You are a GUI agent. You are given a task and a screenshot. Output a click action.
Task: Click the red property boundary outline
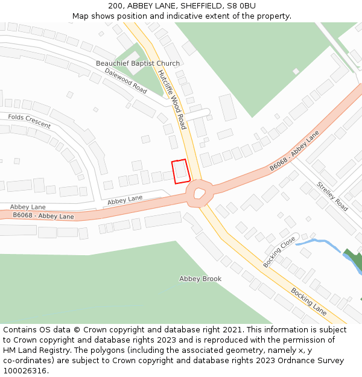tap(181, 171)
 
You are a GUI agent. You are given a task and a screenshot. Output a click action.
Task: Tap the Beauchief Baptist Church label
tap(138, 63)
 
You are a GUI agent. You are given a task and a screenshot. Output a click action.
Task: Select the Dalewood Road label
tap(125, 81)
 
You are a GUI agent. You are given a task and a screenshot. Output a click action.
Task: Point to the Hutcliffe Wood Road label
tap(172, 100)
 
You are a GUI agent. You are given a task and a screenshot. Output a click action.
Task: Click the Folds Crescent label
tap(30, 121)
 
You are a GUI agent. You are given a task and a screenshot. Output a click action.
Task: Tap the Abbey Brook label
tap(200, 279)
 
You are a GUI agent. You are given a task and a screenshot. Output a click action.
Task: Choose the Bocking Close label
tap(279, 252)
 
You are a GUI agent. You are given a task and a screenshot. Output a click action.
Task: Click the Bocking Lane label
tap(309, 300)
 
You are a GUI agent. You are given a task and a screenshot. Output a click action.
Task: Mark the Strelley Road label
tap(332, 197)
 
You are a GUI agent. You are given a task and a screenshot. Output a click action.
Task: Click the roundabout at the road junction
tap(199, 194)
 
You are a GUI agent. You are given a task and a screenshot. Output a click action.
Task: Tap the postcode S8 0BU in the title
tap(241, 6)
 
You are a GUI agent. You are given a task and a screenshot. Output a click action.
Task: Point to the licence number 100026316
tap(24, 370)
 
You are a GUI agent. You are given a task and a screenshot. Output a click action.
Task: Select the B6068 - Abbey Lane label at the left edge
tap(43, 216)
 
